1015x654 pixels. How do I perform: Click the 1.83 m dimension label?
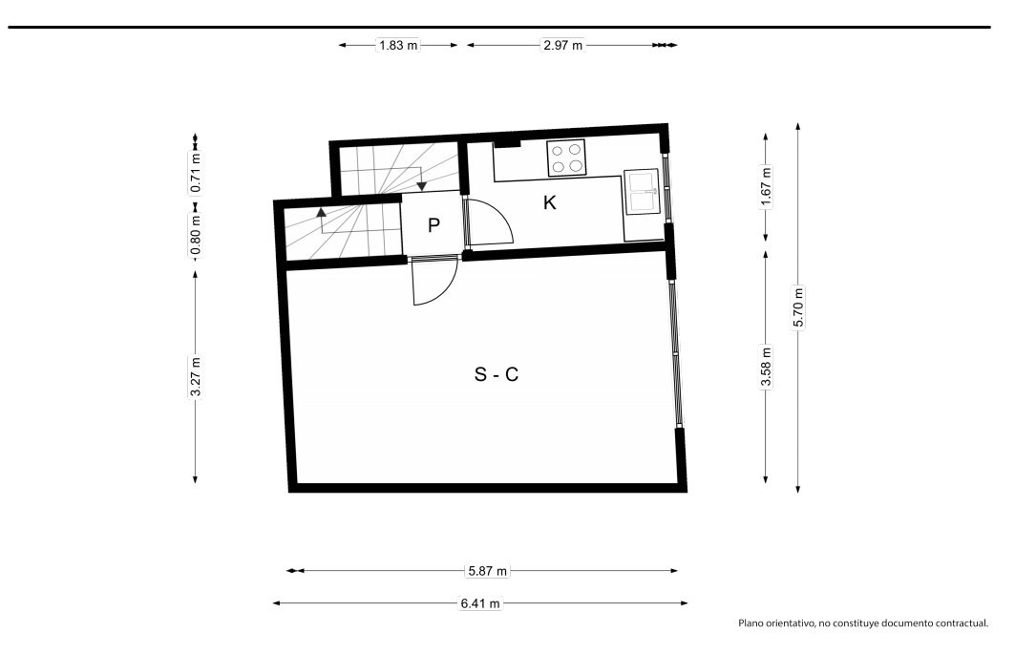[x=398, y=45]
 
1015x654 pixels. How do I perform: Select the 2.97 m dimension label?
[x=562, y=45]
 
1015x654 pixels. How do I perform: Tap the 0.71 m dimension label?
[x=196, y=173]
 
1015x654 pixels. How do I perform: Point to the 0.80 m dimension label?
[x=196, y=235]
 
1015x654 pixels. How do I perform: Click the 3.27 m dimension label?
[x=196, y=377]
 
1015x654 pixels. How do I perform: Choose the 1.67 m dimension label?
[x=766, y=187]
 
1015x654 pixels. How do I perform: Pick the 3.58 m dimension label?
[x=766, y=368]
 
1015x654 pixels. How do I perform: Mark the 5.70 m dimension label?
[x=798, y=307]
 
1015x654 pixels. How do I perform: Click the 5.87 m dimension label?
[x=487, y=571]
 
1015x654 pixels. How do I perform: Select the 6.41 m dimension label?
[x=480, y=603]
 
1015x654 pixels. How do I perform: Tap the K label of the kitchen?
[x=550, y=202]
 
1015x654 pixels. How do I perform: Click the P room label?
[x=433, y=225]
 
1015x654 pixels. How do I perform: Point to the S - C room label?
[x=497, y=374]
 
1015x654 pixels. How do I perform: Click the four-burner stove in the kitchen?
[x=566, y=158]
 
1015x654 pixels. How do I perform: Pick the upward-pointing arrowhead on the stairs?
[x=321, y=212]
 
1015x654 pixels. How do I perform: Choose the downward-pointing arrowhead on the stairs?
[x=421, y=186]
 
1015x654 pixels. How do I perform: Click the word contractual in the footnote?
[x=963, y=623]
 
